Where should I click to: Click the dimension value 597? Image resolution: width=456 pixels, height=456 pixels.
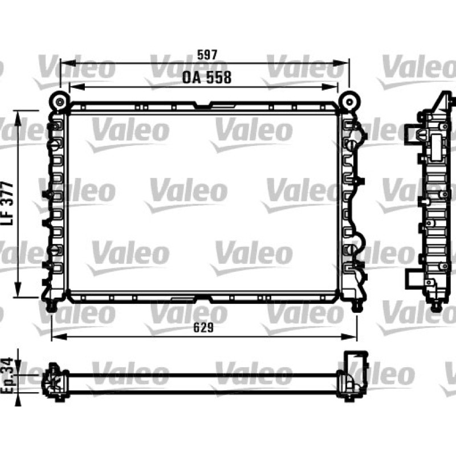(207, 55)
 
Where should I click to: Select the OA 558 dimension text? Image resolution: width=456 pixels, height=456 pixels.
(207, 78)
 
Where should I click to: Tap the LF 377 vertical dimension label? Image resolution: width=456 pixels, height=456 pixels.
(7, 203)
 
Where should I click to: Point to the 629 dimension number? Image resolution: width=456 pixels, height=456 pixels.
(203, 328)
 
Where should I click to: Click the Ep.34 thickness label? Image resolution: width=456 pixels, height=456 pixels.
(6, 376)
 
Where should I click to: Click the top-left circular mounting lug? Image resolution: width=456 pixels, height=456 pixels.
(60, 102)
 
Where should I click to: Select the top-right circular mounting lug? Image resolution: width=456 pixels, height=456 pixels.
(349, 102)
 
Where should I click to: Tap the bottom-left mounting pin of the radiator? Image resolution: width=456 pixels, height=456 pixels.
(51, 306)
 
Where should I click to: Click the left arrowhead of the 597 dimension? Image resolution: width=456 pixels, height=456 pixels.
(68, 63)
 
